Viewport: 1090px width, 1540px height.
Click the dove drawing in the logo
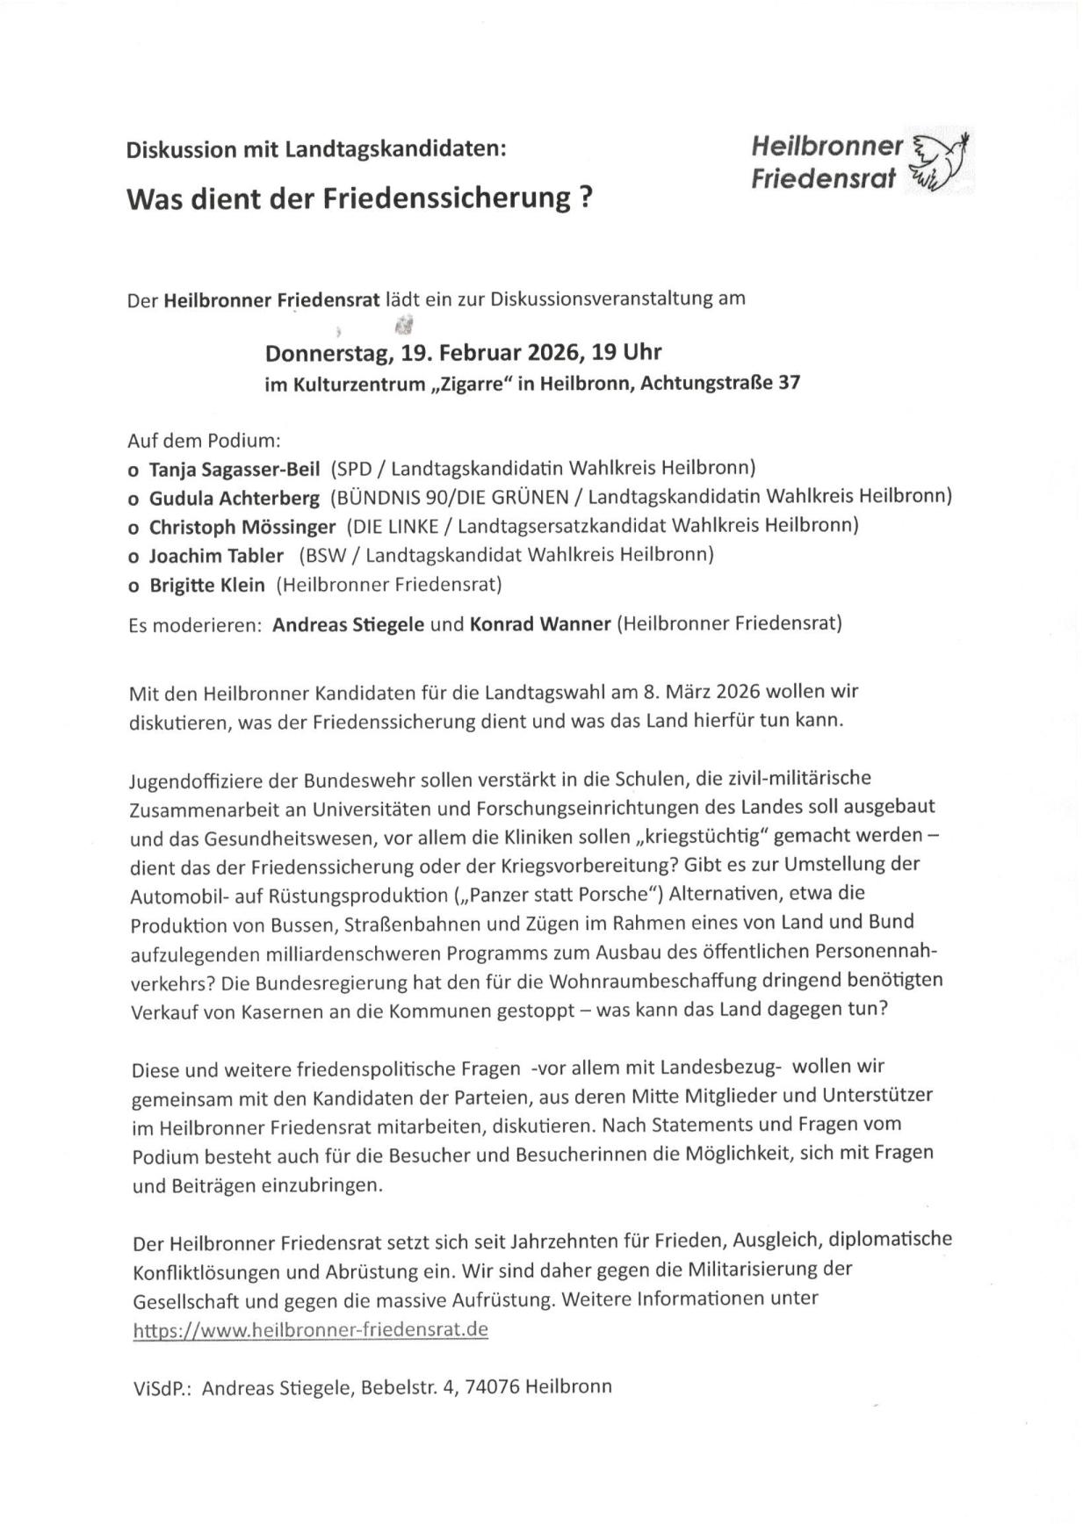[940, 162]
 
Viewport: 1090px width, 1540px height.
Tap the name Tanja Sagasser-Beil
[235, 468]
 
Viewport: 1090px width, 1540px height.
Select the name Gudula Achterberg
[235, 498]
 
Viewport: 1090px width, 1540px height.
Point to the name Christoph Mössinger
[242, 527]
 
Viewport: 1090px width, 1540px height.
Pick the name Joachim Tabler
[216, 556]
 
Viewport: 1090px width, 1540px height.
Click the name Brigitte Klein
[206, 585]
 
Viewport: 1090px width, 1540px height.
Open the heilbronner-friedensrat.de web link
[310, 1329]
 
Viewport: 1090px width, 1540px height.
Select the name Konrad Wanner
[540, 624]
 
